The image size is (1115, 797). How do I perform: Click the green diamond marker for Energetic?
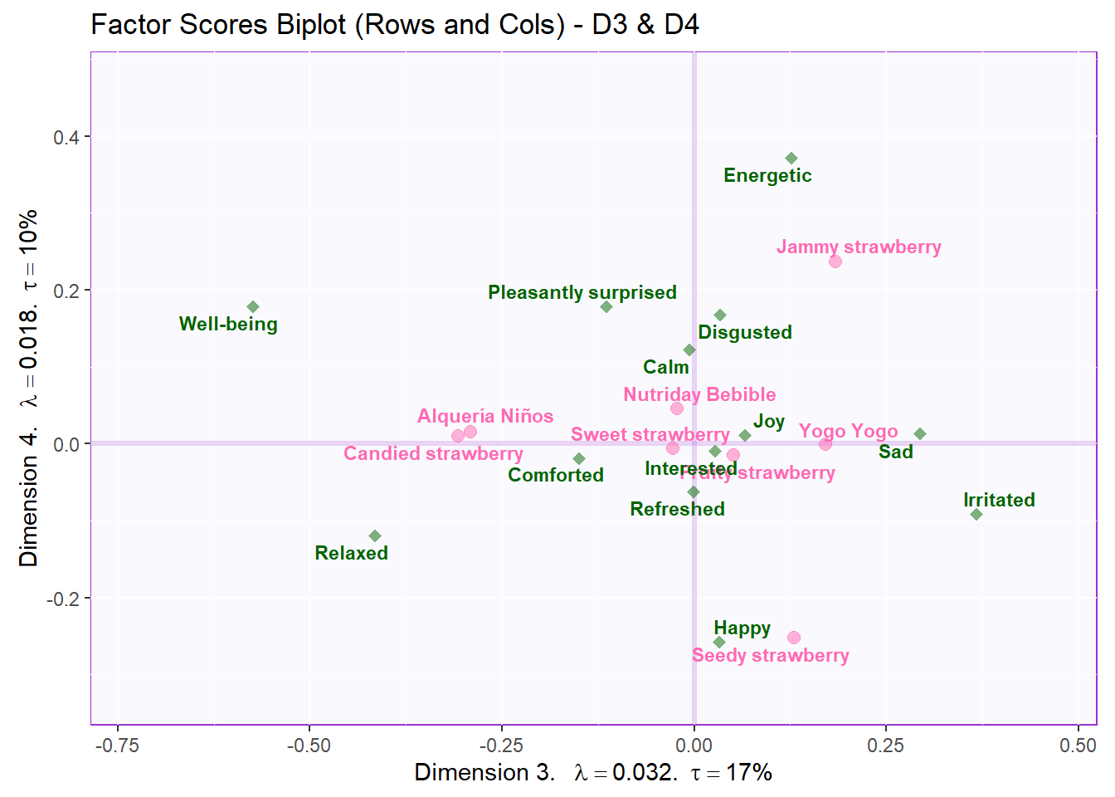pyautogui.click(x=791, y=159)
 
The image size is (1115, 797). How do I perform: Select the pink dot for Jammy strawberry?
pyautogui.click(x=835, y=262)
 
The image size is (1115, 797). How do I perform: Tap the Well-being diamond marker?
pyautogui.click(x=253, y=307)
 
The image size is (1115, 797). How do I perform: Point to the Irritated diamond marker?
pyautogui.click(x=976, y=515)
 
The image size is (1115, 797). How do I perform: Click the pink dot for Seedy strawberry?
pyautogui.click(x=794, y=638)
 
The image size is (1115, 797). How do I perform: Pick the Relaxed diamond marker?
pyautogui.click(x=375, y=536)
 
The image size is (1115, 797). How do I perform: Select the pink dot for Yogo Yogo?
pyautogui.click(x=825, y=444)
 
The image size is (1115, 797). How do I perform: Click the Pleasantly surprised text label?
pyautogui.click(x=582, y=292)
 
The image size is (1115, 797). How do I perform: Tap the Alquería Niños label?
pyautogui.click(x=484, y=416)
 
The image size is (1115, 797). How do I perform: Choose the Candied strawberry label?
pyautogui.click(x=433, y=453)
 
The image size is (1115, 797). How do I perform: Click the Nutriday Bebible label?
pyautogui.click(x=699, y=394)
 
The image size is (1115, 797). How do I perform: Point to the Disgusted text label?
pyautogui.click(x=744, y=332)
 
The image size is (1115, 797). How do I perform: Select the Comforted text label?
pyautogui.click(x=556, y=475)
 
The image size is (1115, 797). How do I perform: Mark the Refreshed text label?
pyautogui.click(x=677, y=509)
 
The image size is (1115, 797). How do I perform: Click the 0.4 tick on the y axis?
pyautogui.click(x=66, y=137)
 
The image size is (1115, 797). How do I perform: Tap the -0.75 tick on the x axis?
pyautogui.click(x=117, y=746)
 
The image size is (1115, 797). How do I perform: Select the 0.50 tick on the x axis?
pyautogui.click(x=1078, y=746)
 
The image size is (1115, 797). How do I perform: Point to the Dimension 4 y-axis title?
pyautogui.click(x=29, y=388)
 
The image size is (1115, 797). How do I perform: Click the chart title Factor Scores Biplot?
pyautogui.click(x=394, y=25)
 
